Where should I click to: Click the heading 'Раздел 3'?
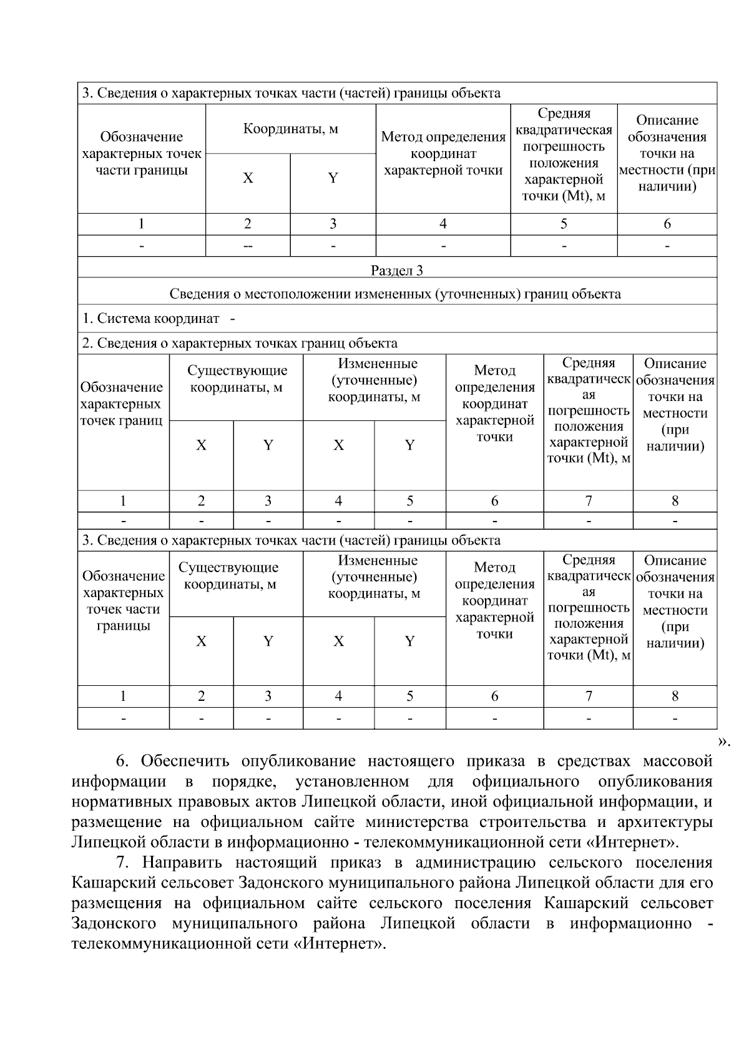click(396, 270)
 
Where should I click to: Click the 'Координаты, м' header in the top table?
click(290, 129)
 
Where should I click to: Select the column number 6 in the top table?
click(667, 224)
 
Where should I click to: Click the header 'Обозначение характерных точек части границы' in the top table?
click(142, 154)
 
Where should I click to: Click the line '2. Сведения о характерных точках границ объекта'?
click(240, 343)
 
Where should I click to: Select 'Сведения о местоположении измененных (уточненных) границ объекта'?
click(396, 294)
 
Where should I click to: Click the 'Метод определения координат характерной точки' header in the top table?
click(443, 154)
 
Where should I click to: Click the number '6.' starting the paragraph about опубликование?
click(122, 761)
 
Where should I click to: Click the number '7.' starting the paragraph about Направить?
click(123, 863)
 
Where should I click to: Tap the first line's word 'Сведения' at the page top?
click(125, 93)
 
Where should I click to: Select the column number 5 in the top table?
click(564, 224)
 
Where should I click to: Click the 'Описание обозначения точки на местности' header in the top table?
click(667, 154)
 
